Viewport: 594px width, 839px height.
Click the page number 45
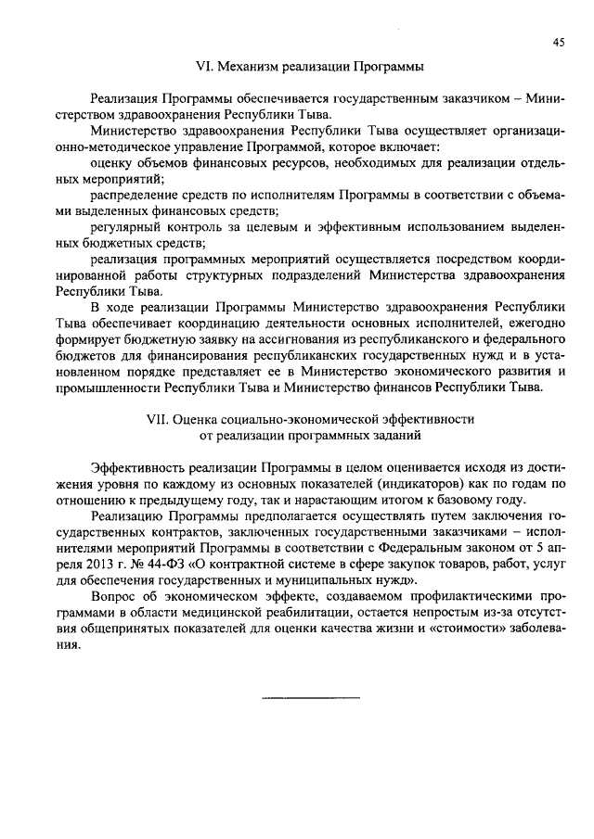pos(558,42)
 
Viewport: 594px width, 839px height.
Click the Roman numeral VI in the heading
pos(202,67)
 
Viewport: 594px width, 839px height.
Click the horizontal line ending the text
pos(309,696)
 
